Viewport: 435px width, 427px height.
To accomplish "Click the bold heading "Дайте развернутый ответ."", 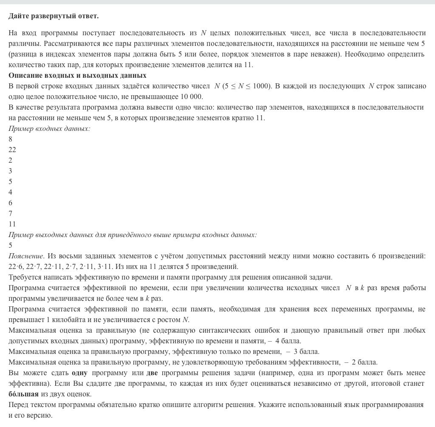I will point(54,16).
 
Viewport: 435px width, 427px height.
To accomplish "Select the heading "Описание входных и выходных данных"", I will point(77,75).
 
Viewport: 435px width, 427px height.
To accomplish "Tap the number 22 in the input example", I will point(12,150).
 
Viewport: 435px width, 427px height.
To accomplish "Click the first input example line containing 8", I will point(10,139).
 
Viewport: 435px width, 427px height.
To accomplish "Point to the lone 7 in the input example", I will point(10,213).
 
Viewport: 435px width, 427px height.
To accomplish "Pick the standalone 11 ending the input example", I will point(12,224).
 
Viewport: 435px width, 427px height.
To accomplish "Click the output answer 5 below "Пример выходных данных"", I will point(10,245).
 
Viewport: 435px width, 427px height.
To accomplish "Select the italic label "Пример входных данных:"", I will point(49,128).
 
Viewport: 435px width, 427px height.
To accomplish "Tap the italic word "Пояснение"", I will point(25,256).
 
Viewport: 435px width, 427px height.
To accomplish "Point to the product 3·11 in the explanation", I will point(130,266).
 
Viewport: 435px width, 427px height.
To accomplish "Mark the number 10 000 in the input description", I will point(191,96).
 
